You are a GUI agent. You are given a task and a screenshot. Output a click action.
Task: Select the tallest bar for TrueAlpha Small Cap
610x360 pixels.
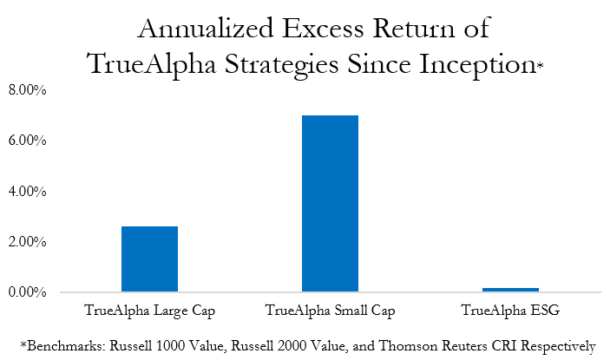click(x=330, y=203)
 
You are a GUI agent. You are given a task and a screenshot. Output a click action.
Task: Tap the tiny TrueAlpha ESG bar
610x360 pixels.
click(x=510, y=290)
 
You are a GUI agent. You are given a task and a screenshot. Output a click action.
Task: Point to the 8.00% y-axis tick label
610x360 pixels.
click(x=29, y=89)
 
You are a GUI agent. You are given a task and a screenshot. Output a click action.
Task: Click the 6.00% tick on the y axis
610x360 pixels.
click(x=29, y=141)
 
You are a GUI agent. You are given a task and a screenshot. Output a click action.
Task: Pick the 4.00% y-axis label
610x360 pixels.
click(x=29, y=191)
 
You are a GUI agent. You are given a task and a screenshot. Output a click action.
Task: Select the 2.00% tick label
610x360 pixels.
click(x=29, y=242)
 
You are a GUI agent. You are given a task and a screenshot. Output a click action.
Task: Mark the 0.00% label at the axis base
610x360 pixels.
click(x=29, y=292)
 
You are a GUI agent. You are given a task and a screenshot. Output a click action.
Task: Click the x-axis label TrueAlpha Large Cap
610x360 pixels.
click(x=149, y=310)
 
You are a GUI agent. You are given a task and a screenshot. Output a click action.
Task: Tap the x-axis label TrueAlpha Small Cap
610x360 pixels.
click(x=330, y=310)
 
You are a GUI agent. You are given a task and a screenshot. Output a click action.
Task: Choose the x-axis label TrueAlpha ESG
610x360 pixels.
click(x=510, y=310)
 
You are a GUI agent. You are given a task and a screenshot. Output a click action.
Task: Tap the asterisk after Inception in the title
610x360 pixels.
click(x=541, y=66)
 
